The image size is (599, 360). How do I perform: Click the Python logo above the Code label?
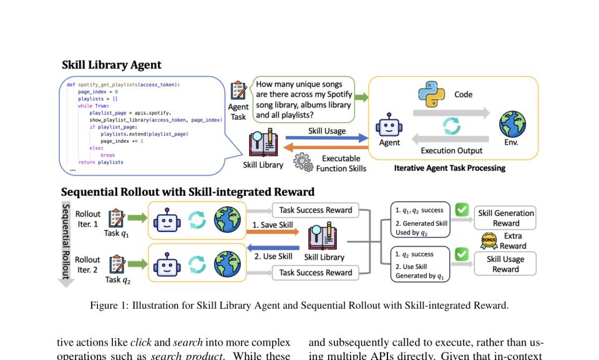[431, 95]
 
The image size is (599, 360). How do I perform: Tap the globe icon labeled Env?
[512, 124]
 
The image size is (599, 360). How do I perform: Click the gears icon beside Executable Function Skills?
[303, 162]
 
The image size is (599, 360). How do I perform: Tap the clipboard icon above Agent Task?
[238, 90]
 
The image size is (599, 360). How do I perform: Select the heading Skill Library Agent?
[112, 65]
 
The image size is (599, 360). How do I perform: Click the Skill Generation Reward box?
[505, 218]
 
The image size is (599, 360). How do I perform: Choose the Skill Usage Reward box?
[505, 264]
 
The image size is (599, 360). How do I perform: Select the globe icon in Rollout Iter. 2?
[227, 264]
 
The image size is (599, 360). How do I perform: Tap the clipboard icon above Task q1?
[117, 218]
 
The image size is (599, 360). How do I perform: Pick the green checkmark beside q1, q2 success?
[462, 210]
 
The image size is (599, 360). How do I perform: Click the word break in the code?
[107, 155]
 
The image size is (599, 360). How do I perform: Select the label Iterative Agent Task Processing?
[449, 168]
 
